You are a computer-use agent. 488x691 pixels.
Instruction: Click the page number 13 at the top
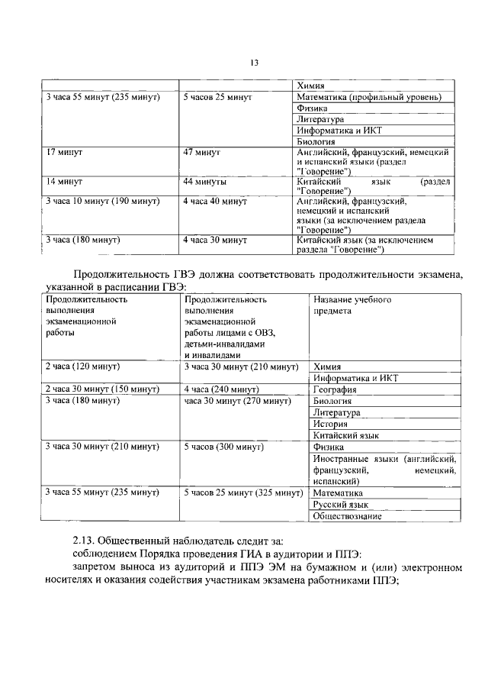(255, 63)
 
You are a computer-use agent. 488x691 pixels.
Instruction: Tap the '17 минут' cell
(65, 153)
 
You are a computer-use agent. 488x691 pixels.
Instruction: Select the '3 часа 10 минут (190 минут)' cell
(102, 201)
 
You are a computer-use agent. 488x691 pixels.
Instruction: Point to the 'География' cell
(336, 389)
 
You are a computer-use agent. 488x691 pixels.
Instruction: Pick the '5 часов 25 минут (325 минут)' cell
(243, 492)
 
